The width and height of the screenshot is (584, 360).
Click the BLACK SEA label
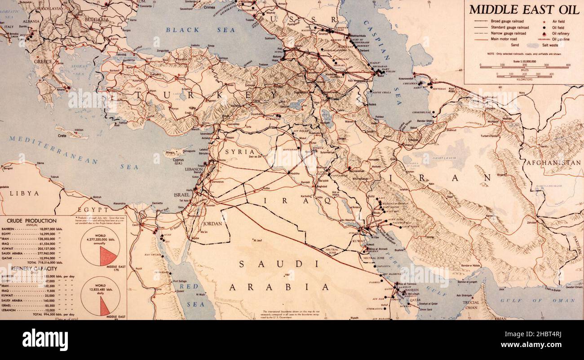coord(200,30)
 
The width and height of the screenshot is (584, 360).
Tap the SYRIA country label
coord(237,152)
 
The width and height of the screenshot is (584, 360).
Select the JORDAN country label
coord(212,223)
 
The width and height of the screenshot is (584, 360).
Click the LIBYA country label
coord(21,193)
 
